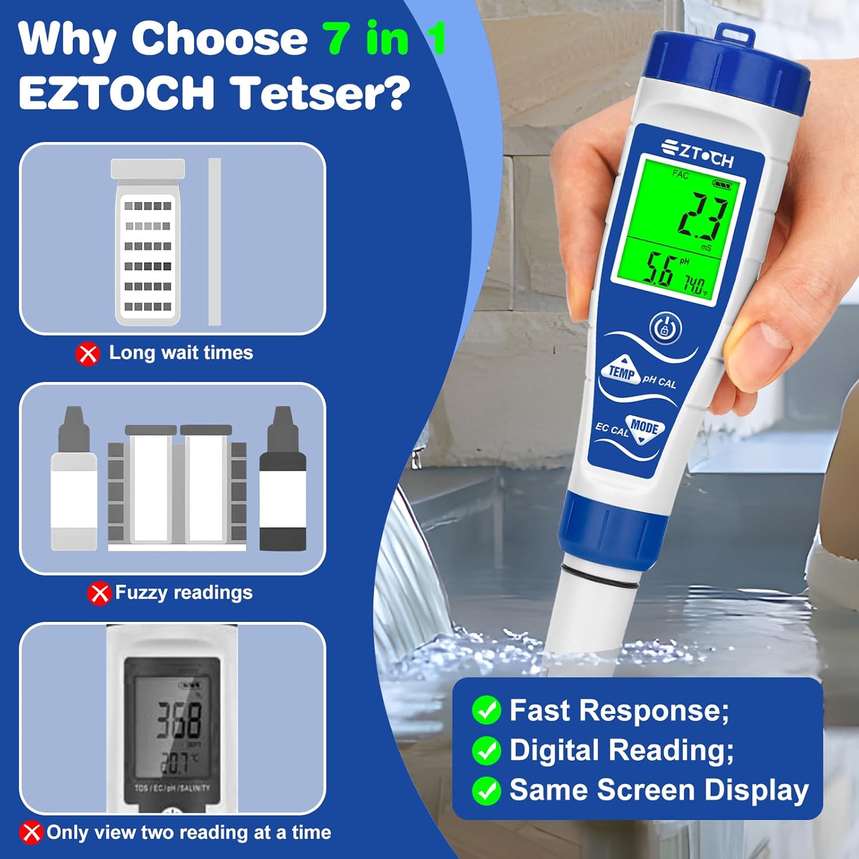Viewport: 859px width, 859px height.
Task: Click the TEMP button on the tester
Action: coord(621,372)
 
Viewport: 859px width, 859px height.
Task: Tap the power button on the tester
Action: coord(665,328)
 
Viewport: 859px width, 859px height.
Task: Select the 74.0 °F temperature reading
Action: coord(696,285)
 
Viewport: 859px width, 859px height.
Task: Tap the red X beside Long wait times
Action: coord(88,353)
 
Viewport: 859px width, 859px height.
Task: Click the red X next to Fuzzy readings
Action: coord(99,593)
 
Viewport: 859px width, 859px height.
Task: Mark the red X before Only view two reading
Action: coord(31,833)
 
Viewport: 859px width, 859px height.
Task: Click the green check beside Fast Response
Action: coord(486,711)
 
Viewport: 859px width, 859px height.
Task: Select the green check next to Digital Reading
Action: coord(486,751)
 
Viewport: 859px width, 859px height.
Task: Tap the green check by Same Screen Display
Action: coord(486,790)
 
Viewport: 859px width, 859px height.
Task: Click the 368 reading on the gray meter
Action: coord(179,720)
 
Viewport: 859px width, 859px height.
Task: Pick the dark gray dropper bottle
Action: coord(283,481)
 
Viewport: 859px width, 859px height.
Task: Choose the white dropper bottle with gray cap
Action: coord(74,481)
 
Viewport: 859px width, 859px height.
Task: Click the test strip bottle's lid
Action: coord(148,168)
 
